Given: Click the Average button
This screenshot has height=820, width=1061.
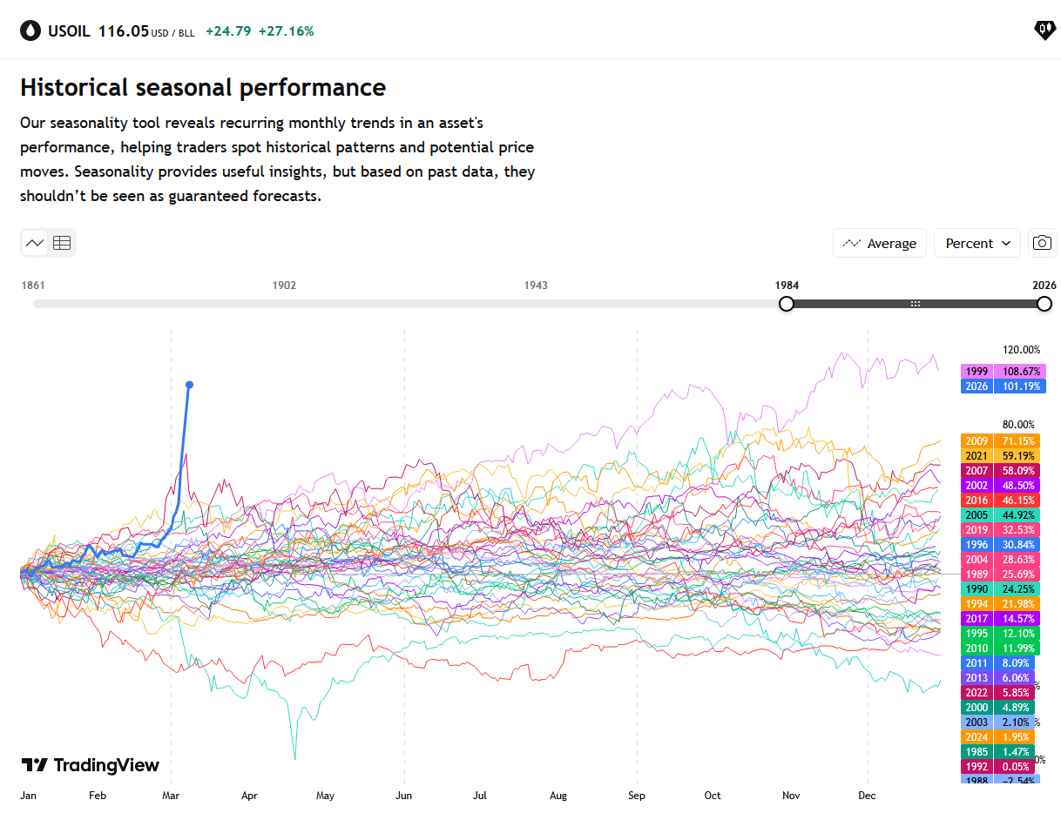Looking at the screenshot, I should coord(879,244).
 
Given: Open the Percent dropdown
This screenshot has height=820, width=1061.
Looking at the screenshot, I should coord(977,244).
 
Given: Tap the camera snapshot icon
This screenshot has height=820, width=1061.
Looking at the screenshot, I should coord(1042,244).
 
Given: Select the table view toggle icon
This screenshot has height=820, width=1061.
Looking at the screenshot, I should coord(62,243).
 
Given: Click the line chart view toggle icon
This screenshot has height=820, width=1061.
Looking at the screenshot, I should coord(35,243).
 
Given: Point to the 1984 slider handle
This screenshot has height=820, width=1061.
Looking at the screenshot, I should coord(787,304).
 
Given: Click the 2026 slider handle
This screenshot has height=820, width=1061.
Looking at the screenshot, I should coord(1044,304).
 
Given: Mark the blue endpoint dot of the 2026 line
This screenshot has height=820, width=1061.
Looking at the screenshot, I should coord(190,385).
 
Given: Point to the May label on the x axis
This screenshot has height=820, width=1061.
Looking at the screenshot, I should coord(325,796).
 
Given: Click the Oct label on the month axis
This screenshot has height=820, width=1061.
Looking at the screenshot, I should coord(713,796).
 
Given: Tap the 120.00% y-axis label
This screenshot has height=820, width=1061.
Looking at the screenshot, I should coord(1021,350).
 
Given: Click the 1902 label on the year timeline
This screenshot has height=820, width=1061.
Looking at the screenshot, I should coord(284,286).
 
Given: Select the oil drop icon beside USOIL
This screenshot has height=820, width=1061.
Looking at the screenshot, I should coord(30,31).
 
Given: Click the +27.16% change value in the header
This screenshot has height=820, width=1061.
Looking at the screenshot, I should coord(286,31).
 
